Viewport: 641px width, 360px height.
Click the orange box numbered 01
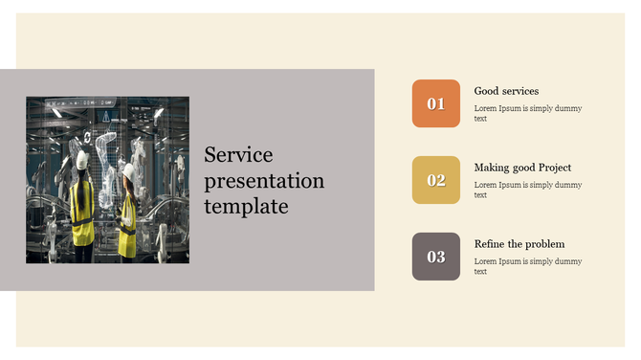pyautogui.click(x=435, y=103)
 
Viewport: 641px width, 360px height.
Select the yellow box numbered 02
pyautogui.click(x=435, y=180)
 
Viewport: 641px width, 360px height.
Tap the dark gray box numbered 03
pyautogui.click(x=435, y=257)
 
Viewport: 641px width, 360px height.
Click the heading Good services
pyautogui.click(x=506, y=91)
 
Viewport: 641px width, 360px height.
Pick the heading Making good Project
pyautogui.click(x=522, y=168)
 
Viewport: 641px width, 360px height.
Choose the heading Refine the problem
pyautogui.click(x=519, y=244)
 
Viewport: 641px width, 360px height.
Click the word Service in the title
pyautogui.click(x=238, y=155)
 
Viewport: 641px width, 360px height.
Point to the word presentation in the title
pyautogui.click(x=264, y=181)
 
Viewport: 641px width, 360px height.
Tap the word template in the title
pyautogui.click(x=246, y=205)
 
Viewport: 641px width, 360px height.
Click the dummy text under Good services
pyautogui.click(x=527, y=113)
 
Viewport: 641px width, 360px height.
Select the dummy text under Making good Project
pyautogui.click(x=527, y=190)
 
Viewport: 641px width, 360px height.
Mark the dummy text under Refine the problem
pyautogui.click(x=527, y=266)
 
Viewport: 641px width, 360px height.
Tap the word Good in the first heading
pyautogui.click(x=486, y=91)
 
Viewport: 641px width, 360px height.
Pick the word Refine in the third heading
pyautogui.click(x=490, y=244)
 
